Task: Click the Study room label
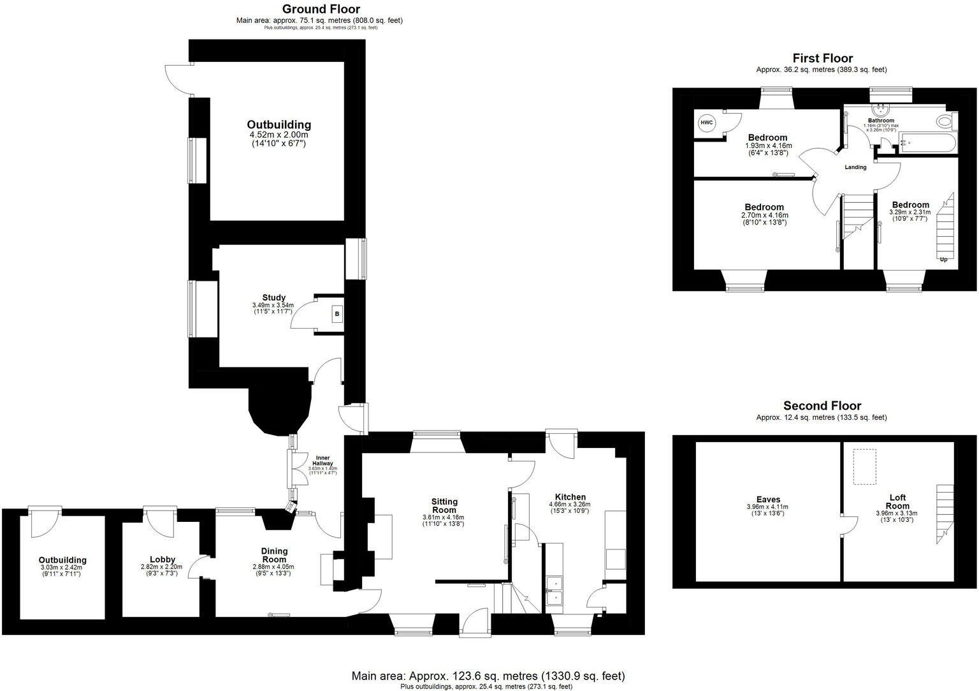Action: click(x=273, y=297)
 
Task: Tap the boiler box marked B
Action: click(x=337, y=315)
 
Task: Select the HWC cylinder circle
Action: click(x=706, y=123)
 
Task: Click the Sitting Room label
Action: click(x=444, y=505)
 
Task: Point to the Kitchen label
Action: click(x=570, y=497)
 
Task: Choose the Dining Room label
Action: click(x=274, y=555)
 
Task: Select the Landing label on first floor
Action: click(x=855, y=168)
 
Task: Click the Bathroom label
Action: click(x=881, y=121)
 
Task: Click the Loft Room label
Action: click(x=897, y=502)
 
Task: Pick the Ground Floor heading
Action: click(x=321, y=9)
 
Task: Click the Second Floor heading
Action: click(x=822, y=406)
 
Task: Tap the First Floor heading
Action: click(x=822, y=58)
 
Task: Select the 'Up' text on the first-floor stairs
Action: click(x=943, y=260)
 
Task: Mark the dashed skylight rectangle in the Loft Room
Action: click(x=864, y=466)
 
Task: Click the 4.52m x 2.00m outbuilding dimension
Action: click(x=279, y=135)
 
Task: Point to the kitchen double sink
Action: click(x=554, y=590)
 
